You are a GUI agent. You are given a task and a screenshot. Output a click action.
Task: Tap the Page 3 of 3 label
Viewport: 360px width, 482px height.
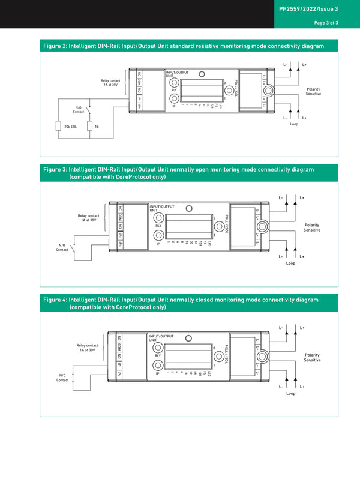(x=326, y=23)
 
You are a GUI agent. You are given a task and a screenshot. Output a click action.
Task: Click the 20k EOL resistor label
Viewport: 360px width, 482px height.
(x=70, y=127)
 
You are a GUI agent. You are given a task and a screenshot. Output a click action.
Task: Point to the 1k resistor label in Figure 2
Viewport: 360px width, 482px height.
(x=97, y=127)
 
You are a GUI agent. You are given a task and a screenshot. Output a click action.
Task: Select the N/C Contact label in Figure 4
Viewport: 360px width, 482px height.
(x=62, y=378)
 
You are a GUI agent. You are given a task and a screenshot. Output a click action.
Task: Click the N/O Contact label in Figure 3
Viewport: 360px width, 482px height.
(x=62, y=247)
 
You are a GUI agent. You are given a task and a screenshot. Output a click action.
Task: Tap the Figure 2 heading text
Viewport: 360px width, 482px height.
(x=184, y=46)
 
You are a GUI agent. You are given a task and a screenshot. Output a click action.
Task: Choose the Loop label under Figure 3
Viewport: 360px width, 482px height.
(x=290, y=263)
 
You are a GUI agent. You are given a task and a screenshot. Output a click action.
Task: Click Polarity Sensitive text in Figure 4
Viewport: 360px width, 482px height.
(x=312, y=357)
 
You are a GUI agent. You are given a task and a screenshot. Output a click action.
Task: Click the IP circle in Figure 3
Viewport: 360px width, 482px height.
(x=158, y=236)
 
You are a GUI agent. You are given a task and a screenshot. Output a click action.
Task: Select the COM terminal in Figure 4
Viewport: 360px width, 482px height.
(x=119, y=347)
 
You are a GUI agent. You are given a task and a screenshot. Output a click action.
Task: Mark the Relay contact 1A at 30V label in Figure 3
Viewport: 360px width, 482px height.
(x=89, y=218)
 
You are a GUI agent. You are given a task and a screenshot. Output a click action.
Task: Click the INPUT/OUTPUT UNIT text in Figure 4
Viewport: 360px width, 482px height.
(x=161, y=338)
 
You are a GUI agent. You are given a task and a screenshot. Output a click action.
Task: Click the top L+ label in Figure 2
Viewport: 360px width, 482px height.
(x=304, y=64)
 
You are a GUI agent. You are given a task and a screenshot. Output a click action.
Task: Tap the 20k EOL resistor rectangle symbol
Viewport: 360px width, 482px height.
(x=59, y=127)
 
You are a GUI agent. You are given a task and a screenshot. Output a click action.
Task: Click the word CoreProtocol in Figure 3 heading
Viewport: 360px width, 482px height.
(x=110, y=178)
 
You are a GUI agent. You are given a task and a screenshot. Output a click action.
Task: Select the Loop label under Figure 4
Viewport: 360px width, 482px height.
(x=290, y=393)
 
